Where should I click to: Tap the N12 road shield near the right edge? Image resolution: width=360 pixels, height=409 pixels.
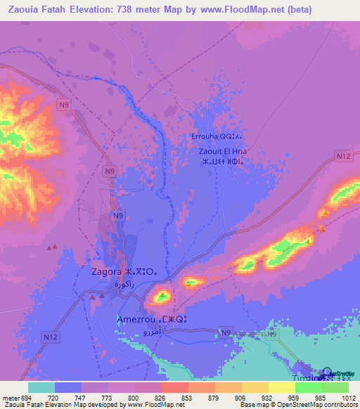pos(343,155)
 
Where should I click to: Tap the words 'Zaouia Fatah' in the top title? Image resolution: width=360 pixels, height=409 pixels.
pos(34,9)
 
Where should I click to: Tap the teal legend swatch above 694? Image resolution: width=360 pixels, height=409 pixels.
pos(41,387)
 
